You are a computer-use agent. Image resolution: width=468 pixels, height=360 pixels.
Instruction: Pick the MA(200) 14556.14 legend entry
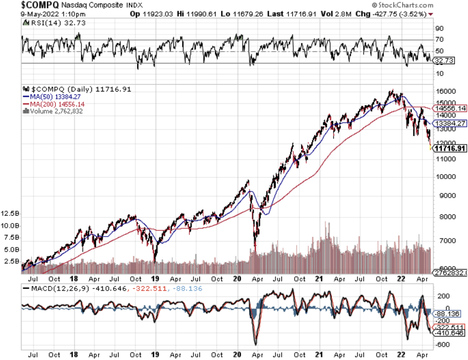coord(53,103)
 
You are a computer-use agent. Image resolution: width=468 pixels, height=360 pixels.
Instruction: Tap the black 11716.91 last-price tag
coord(450,148)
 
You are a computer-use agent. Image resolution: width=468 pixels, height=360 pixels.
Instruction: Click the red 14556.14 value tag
coord(450,108)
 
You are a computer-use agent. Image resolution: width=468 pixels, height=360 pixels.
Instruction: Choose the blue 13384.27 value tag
coord(450,123)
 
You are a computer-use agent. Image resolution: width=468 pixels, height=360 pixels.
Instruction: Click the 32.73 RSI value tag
coord(443,60)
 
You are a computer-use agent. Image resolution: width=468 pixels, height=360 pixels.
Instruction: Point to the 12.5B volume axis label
coord(10,213)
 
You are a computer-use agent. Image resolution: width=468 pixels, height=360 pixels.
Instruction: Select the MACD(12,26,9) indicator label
coord(48,288)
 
